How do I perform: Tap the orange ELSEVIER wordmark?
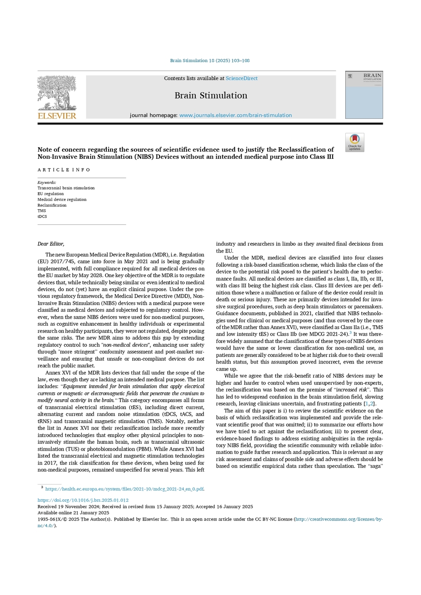tap(57, 116)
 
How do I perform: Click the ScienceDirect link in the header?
tap(241, 79)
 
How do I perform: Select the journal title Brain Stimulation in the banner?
tap(211, 95)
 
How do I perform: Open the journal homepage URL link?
tap(235, 116)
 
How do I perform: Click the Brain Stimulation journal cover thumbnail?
tap(364, 95)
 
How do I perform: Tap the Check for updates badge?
tap(354, 142)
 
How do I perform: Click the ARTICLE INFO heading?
tap(64, 170)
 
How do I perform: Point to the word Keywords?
tap(47, 183)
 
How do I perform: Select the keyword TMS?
tap(42, 211)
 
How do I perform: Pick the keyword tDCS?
tap(42, 217)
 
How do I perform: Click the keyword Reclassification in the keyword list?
tap(52, 205)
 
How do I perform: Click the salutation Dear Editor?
tap(51, 244)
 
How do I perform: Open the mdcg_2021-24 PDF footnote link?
tap(124, 489)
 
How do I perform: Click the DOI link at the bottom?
tap(83, 500)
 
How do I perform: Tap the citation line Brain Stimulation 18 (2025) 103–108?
tap(210, 61)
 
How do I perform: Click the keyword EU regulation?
tap(51, 194)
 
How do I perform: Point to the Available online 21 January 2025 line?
tap(73, 513)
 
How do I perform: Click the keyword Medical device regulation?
tap(62, 199)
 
